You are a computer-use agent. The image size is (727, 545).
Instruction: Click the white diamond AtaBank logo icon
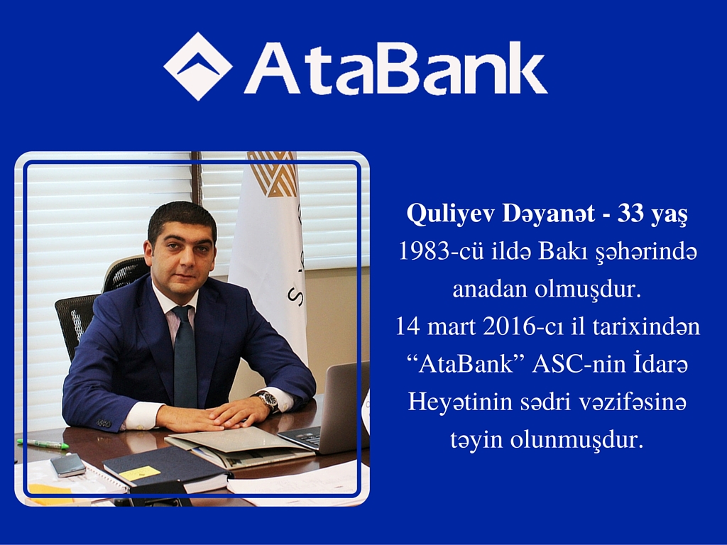198,66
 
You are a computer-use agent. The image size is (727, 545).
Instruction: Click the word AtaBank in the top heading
395,69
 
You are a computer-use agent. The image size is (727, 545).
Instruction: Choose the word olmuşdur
587,290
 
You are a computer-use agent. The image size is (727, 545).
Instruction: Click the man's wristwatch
268,400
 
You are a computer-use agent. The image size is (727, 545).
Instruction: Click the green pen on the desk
43,444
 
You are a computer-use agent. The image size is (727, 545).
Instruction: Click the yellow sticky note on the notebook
140,473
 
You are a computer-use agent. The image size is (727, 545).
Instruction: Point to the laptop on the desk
327,412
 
